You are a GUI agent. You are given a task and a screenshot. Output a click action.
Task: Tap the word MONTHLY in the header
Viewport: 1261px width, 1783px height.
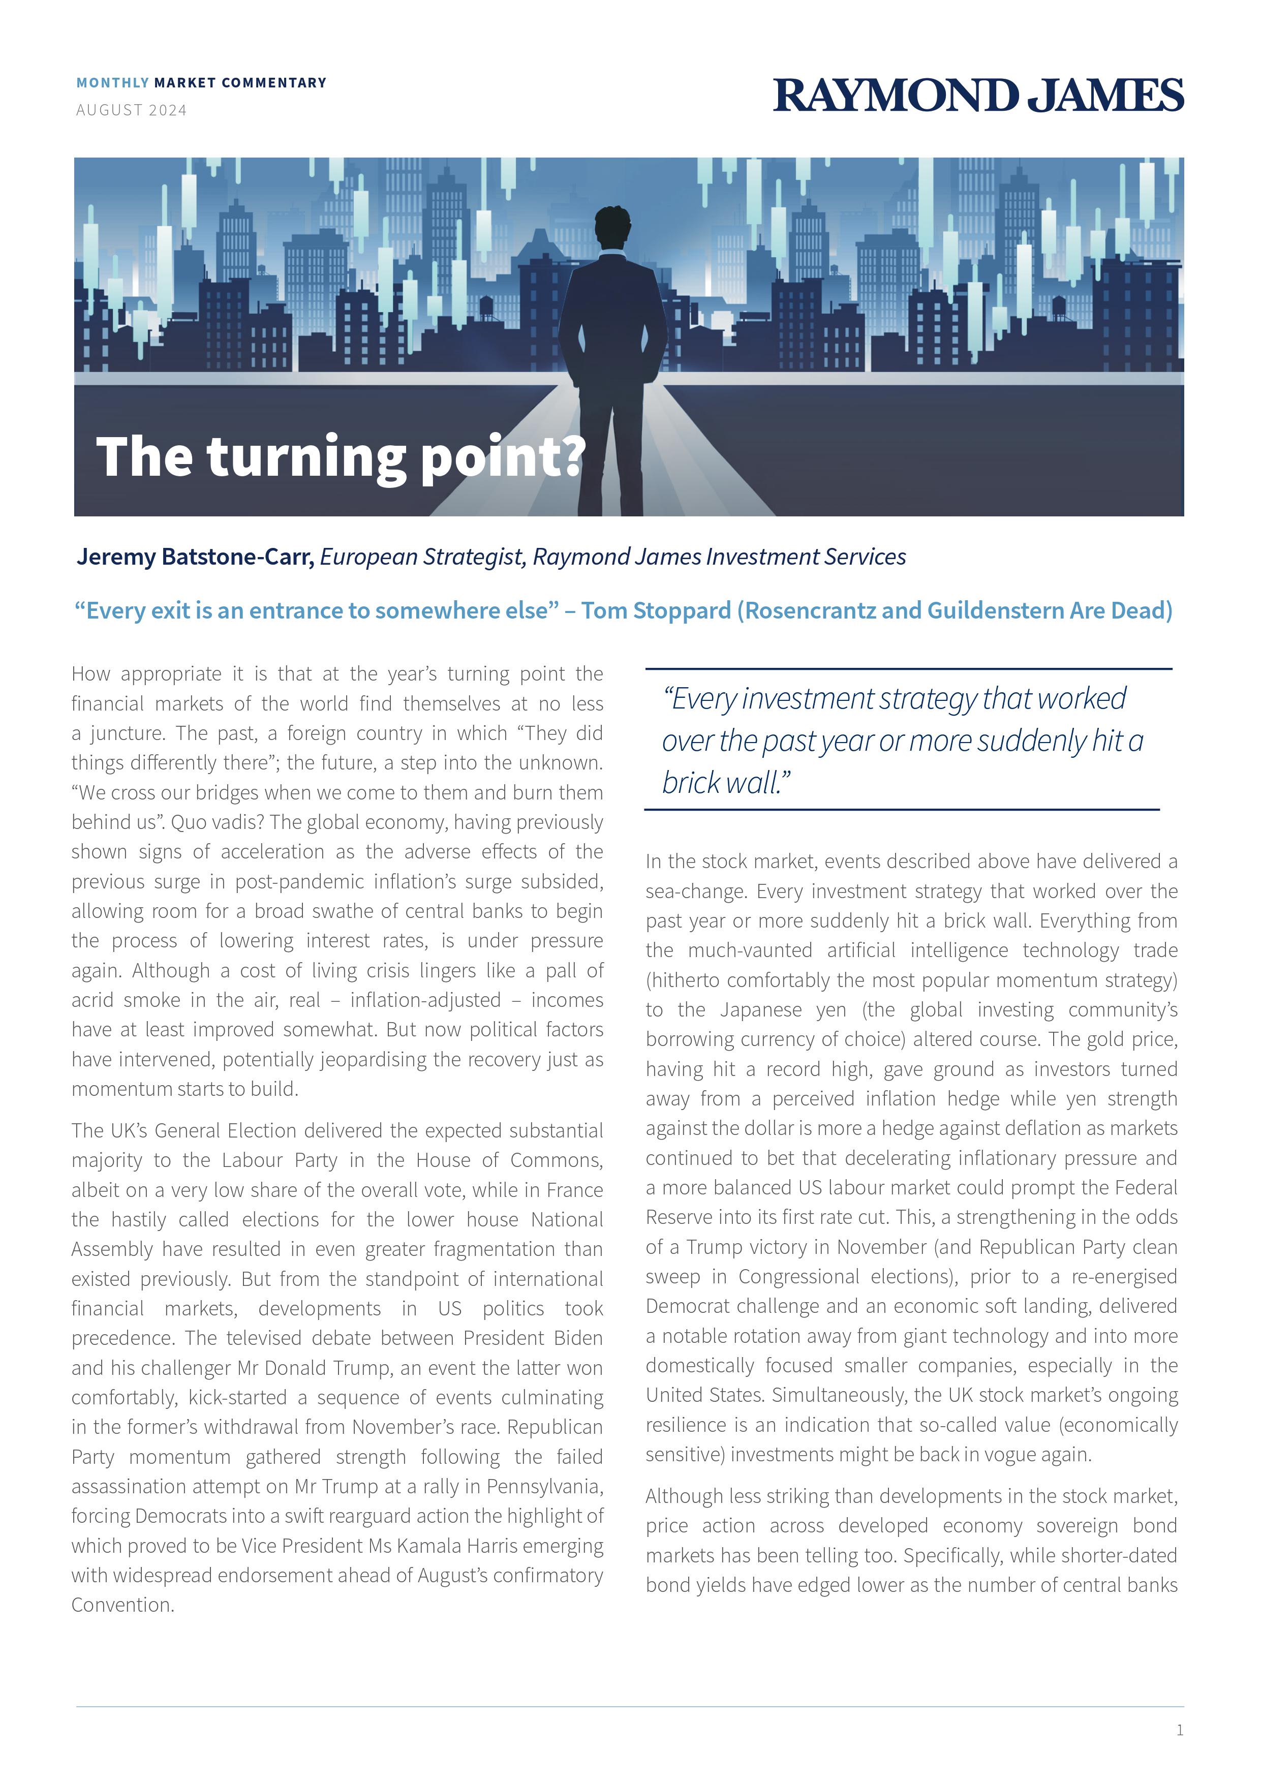(x=113, y=82)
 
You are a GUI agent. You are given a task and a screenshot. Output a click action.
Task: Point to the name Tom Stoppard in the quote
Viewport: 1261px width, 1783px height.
(x=656, y=610)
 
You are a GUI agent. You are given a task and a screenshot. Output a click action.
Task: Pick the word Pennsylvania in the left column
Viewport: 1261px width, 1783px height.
(x=543, y=1486)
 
